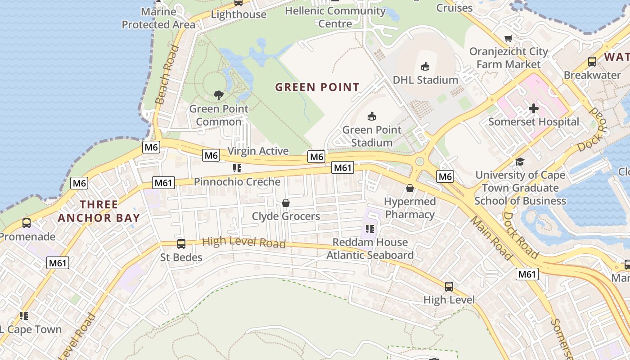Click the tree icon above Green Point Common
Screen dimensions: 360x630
[x=219, y=95]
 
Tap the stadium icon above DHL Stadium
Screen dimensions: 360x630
[x=425, y=67]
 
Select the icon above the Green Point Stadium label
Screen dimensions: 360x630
[x=372, y=117]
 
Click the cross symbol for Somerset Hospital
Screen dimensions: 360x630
[x=534, y=108]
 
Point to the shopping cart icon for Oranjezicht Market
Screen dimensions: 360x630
[x=508, y=39]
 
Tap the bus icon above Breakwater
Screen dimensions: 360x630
[x=592, y=62]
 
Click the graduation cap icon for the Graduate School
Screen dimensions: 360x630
[x=520, y=162]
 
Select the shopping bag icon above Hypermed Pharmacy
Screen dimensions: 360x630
[x=410, y=188]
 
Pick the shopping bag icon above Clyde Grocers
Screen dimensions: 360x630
[x=286, y=203]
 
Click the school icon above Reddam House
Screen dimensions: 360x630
[x=370, y=229]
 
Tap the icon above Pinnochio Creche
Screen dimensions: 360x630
[x=237, y=168]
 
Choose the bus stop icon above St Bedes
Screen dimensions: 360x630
[x=181, y=244]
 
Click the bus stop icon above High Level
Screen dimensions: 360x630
[x=449, y=287]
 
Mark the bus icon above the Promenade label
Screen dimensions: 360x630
[x=27, y=223]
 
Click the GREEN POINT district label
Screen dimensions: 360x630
[x=317, y=87]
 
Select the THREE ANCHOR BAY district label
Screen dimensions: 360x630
[x=99, y=211]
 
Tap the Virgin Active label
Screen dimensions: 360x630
[x=258, y=151]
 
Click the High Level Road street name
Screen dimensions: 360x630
[x=244, y=243]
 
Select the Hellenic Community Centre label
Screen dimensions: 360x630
[x=335, y=17]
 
